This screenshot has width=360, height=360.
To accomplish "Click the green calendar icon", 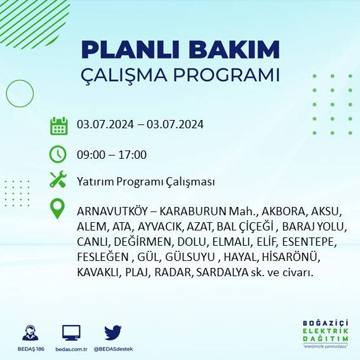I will (58, 126).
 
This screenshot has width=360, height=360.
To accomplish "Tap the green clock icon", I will (58, 154).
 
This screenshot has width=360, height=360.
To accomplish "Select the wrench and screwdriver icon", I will (58, 180).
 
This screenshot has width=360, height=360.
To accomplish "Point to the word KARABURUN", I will (194, 211).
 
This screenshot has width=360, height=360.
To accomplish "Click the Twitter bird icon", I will (112, 332).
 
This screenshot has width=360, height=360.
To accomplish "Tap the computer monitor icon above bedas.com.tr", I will (71, 332).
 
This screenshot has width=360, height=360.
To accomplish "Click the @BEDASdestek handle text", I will (112, 349).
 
